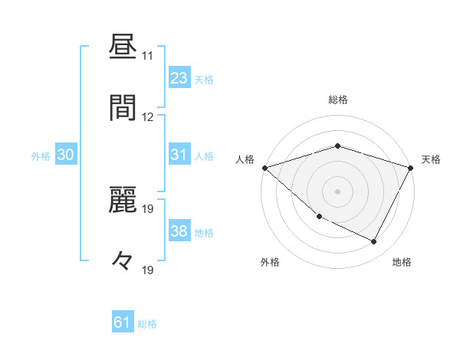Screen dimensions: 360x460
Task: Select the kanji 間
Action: tap(123, 108)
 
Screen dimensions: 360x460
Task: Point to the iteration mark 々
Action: tap(123, 261)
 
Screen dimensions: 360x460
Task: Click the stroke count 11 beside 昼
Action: tap(148, 57)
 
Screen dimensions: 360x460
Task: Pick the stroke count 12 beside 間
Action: tap(148, 116)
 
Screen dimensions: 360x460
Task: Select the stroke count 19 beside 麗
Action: tap(148, 208)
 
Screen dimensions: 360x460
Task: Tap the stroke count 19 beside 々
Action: tap(148, 270)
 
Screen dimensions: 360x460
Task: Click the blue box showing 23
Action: tap(179, 78)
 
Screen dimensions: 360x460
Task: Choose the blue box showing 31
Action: tap(179, 155)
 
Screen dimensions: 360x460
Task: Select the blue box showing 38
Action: tap(179, 231)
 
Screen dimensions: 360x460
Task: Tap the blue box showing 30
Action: tap(66, 155)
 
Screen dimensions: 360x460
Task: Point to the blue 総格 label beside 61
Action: tap(148, 324)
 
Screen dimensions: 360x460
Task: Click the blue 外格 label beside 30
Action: tap(41, 156)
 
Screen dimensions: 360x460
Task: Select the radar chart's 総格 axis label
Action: tap(338, 100)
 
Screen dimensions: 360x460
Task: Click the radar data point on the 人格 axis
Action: tap(264, 168)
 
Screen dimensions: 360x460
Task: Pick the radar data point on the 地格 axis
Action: tap(374, 242)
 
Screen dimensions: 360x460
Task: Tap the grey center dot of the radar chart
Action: tap(337, 191)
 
